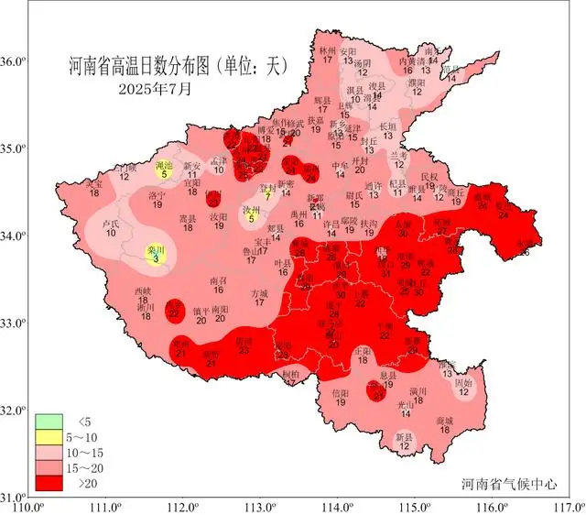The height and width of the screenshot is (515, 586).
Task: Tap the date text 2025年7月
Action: (156, 90)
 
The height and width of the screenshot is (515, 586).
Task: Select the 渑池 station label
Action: (164, 163)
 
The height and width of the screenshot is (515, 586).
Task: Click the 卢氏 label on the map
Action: (111, 224)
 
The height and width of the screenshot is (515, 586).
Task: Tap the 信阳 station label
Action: (340, 393)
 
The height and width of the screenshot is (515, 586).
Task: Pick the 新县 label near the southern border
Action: (404, 438)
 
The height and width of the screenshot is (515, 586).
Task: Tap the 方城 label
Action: (261, 294)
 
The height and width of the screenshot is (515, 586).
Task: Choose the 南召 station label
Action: (218, 281)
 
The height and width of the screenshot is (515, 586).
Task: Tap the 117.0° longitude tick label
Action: (568, 504)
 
